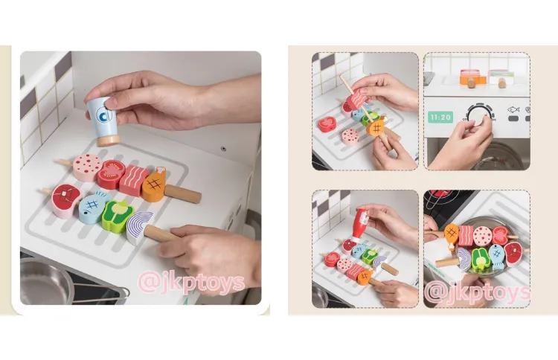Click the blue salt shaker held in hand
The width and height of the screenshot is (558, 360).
pyautogui.click(x=103, y=121)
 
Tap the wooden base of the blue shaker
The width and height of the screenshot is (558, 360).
pyautogui.click(x=108, y=141)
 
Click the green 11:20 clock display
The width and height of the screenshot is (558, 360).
pyautogui.click(x=440, y=117)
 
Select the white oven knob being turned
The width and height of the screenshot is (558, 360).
pyautogui.click(x=479, y=115)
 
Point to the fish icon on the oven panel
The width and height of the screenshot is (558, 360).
pyautogui.click(x=513, y=109)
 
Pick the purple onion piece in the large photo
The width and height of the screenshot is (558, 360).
pyautogui.click(x=140, y=228)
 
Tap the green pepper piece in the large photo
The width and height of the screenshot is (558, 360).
pyautogui.click(x=117, y=216)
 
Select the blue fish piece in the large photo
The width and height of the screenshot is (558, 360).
pyautogui.click(x=93, y=208)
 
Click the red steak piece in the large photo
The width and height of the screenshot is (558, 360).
pyautogui.click(x=65, y=200)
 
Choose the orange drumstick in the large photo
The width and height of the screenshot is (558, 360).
pyautogui.click(x=155, y=185)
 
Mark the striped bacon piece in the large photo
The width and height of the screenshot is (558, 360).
pyautogui.click(x=133, y=180)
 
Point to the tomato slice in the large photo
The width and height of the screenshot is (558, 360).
pyautogui.click(x=111, y=174)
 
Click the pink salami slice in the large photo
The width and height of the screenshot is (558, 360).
pyautogui.click(x=88, y=167)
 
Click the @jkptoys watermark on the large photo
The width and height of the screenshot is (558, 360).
pyautogui.click(x=191, y=283)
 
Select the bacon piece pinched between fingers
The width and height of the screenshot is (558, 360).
pyautogui.click(x=356, y=98)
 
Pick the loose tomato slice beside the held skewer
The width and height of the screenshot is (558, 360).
pyautogui.click(x=327, y=124)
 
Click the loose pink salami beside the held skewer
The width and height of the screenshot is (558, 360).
pyautogui.click(x=350, y=137)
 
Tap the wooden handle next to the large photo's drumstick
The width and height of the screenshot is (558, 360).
pyautogui.click(x=182, y=194)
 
